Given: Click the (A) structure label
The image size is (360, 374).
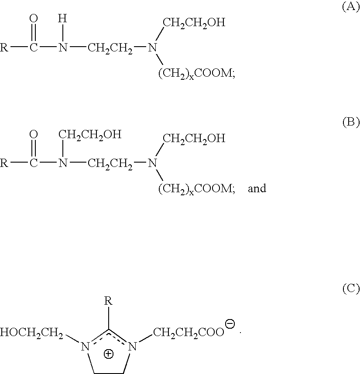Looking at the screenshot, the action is pos(351,7).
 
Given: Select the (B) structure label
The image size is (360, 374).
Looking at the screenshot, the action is pos(351,122).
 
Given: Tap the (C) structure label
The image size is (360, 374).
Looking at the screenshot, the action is pos(351,289).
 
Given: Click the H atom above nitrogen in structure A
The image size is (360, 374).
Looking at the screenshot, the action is pos(62,18).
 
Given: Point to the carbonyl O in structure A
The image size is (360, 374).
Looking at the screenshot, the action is pos(34,18).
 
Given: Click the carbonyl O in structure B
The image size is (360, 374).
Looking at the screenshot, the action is pos(34,134).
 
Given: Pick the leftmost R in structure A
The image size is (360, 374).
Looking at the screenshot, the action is pos(4,48).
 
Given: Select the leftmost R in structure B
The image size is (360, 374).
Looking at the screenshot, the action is pos(4,163).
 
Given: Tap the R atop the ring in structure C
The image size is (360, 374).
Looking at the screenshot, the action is pos(108,301).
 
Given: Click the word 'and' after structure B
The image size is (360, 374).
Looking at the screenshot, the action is pos(257,188).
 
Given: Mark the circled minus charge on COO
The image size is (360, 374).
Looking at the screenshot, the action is pos(230,324).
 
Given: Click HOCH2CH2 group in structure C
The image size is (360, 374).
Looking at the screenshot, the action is pos(31,333).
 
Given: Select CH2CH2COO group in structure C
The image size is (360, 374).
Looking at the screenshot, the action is pos(189,332).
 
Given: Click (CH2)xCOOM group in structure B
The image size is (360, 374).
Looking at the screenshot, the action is pos(197,189).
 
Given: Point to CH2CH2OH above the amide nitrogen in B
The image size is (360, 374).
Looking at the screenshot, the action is pos(90,135).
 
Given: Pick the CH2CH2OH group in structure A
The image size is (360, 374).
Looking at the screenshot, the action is pos(194,23).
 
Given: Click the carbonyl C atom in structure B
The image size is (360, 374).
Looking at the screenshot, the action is pos(34,163).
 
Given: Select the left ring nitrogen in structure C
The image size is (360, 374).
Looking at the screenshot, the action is pos(85,347).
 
